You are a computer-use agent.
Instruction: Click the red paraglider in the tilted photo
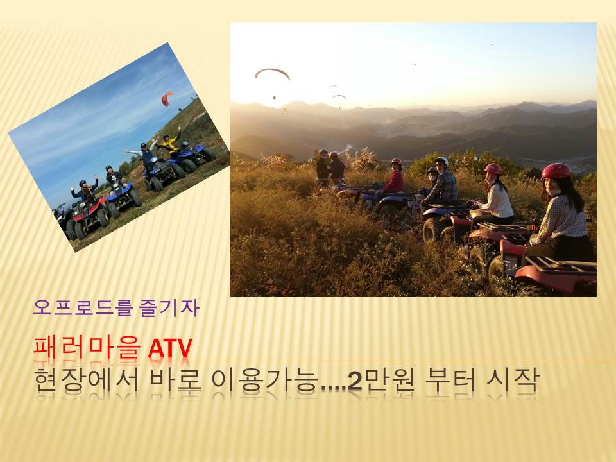[x=167, y=99]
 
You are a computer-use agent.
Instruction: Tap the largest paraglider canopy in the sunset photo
[x=272, y=73]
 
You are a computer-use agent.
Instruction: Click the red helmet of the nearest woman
[x=556, y=171]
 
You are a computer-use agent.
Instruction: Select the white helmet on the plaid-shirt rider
[x=442, y=160]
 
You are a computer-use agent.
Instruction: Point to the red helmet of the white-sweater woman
[x=493, y=169]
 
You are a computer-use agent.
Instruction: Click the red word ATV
[x=170, y=348]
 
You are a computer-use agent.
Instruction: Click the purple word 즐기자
[x=169, y=307]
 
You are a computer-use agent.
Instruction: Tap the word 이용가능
[x=265, y=381]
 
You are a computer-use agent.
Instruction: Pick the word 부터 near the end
[x=450, y=381]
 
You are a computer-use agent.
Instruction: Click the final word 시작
[x=513, y=381]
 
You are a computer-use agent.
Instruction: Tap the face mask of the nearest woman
[x=554, y=192]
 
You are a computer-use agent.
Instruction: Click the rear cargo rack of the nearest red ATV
[x=560, y=264]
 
